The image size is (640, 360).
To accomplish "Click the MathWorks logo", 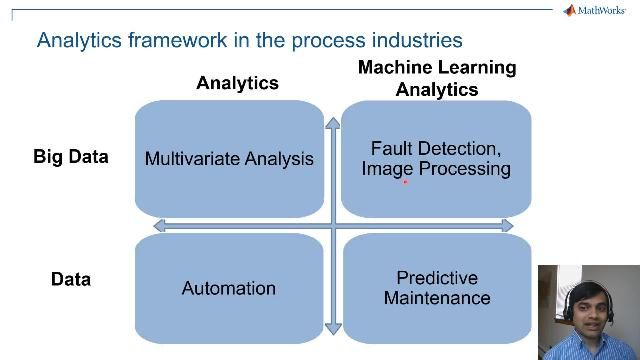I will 598,11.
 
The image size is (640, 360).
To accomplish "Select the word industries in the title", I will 412,41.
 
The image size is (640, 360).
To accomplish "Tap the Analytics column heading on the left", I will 237,83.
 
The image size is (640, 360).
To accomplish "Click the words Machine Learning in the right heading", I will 437,68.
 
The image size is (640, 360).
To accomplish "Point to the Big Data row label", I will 70,157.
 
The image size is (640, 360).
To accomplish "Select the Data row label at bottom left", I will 71,280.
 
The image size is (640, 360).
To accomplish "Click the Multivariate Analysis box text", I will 229,158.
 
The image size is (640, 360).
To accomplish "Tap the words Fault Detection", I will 436,148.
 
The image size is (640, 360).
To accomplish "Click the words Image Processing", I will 436,169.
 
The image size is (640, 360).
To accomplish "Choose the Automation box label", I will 228,288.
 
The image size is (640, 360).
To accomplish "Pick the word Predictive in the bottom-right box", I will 437,278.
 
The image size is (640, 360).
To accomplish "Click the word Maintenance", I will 437,298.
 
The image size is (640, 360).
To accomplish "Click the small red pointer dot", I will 405,182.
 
